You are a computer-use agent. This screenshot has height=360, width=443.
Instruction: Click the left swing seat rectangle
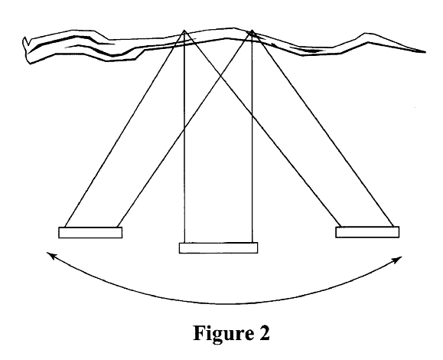click(90, 232)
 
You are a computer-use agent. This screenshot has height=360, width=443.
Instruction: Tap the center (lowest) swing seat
click(218, 247)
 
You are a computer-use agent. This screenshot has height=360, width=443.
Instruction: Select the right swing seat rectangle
click(367, 232)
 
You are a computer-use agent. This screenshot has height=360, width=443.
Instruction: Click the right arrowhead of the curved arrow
click(399, 259)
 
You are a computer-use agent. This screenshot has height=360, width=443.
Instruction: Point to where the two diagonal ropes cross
click(220, 76)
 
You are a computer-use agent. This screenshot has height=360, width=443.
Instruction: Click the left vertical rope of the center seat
click(184, 136)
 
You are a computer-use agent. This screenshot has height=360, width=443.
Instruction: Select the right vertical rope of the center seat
click(252, 136)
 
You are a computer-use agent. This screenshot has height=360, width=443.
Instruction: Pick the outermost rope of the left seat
click(125, 129)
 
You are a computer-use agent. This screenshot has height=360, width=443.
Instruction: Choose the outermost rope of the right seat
click(322, 129)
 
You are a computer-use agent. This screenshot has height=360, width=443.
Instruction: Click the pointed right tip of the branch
click(425, 52)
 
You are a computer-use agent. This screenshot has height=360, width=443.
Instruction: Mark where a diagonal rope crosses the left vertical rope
click(184, 129)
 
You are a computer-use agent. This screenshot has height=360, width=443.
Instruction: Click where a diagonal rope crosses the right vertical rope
click(252, 116)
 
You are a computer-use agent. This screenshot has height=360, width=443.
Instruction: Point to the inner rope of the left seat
click(184, 129)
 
